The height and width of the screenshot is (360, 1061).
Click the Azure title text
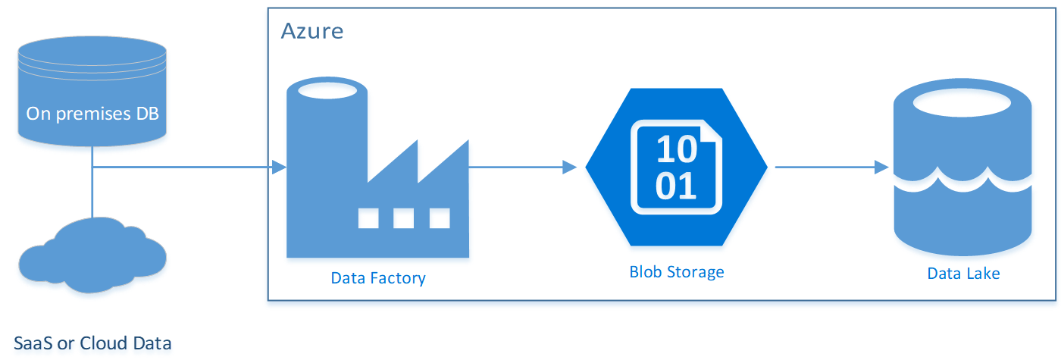point(311,31)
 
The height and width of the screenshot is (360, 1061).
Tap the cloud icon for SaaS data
point(92,256)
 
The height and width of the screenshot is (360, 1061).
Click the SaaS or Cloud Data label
point(92,343)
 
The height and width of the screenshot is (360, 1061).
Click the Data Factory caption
point(378,278)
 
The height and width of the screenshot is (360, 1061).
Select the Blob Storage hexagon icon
point(676,167)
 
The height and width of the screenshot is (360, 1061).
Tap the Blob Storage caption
point(676,271)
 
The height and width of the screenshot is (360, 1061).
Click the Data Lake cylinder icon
point(962,171)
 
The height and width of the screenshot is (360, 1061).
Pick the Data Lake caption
point(963,274)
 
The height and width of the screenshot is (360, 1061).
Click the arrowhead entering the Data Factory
point(278,167)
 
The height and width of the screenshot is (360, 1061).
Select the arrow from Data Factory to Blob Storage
point(523,167)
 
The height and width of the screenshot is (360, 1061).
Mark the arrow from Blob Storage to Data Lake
point(830,167)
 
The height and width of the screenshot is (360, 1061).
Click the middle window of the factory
point(403,218)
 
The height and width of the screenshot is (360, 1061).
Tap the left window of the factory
point(368,218)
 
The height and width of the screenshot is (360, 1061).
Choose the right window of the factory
point(440,218)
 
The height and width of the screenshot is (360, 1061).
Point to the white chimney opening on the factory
point(327,90)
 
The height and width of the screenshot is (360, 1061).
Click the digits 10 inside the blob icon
point(675,149)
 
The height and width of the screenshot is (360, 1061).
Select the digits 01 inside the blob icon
point(675,186)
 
